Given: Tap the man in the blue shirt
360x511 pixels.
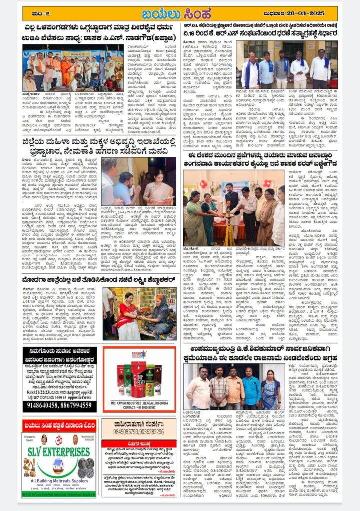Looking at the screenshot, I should [x=251, y=386].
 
